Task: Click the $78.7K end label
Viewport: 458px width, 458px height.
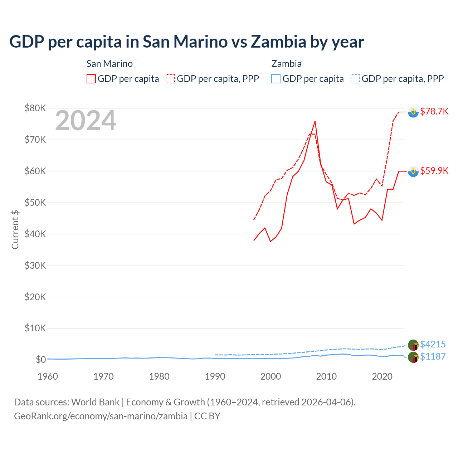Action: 434,111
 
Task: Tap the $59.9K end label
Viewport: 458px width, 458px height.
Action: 434,171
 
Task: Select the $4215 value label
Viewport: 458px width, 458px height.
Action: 433,344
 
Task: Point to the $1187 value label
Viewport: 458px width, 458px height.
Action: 433,356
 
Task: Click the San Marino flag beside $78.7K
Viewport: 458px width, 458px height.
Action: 413,112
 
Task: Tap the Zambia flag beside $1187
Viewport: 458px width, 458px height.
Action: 413,357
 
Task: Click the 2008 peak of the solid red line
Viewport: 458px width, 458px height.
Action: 315,121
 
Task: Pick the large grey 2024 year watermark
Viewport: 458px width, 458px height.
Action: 86,121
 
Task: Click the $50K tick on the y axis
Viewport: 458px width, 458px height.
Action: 35,203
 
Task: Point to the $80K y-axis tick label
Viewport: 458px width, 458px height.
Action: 35,108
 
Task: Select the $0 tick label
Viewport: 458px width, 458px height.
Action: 41,360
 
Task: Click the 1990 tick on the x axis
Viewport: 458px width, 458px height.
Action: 215,376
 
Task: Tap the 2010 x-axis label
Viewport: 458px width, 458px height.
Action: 326,376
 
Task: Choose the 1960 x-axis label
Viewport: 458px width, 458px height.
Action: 48,376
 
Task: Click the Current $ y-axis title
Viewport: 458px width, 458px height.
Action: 15,229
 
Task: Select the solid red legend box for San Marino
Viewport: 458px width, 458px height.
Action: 91,79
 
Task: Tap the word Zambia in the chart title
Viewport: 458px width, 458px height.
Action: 278,42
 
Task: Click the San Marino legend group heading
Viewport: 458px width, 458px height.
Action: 109,64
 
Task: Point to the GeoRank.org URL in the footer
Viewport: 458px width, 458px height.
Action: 101,416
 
